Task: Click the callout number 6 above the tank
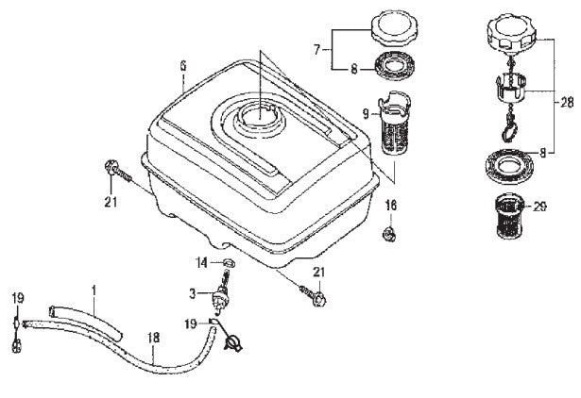coord(183,65)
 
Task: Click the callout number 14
coord(201,262)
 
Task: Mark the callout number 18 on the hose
coord(153,336)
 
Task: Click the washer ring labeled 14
coord(227,261)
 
